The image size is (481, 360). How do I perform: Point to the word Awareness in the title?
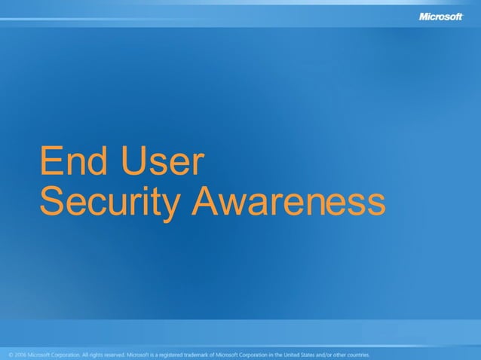288,201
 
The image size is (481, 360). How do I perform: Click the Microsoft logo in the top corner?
440,16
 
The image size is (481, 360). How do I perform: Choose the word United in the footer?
283,353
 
